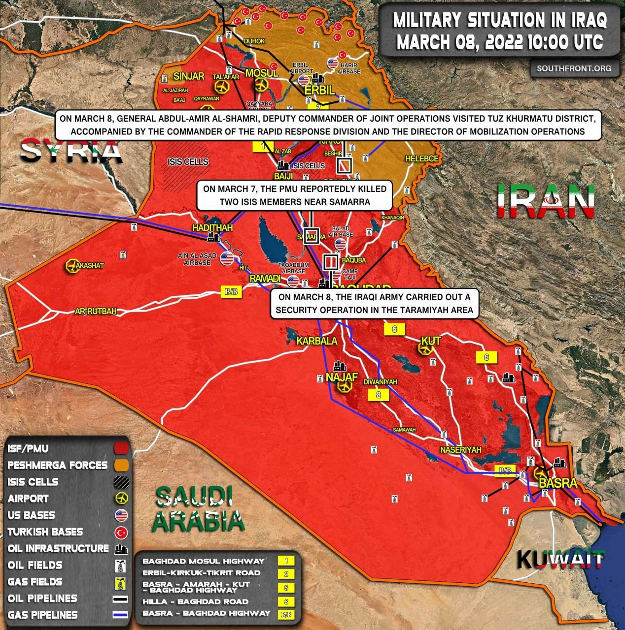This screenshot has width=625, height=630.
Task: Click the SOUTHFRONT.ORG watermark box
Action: click(574, 68)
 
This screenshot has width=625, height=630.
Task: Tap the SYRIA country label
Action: click(72, 151)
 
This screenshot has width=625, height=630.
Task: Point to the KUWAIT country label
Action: click(560, 560)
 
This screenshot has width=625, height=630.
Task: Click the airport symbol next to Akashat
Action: click(72, 266)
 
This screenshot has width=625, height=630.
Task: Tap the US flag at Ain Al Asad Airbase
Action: click(227, 258)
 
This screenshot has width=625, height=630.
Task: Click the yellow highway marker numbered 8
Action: click(378, 395)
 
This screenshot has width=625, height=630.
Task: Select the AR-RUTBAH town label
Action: click(96, 311)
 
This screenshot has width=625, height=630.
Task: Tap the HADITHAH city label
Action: click(212, 228)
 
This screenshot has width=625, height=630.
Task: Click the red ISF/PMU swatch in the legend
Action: click(121, 449)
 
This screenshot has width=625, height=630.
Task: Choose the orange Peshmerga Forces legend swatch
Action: click(121, 465)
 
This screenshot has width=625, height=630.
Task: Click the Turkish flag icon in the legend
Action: click(121, 532)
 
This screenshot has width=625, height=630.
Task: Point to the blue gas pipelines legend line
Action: click(121, 615)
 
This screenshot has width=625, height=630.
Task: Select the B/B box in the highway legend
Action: click(286, 614)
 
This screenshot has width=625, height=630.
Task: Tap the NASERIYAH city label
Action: click(460, 450)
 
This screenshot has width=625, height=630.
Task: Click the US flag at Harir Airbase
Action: click(333, 63)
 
